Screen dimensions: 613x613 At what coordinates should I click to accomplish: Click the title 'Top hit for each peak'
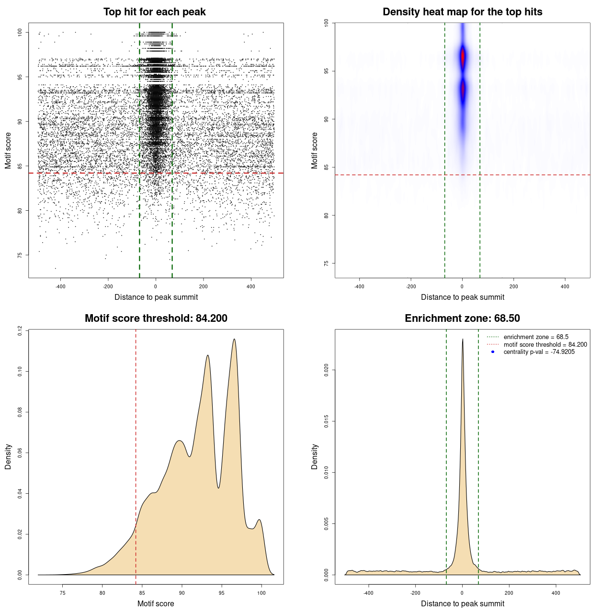pyautogui.click(x=154, y=12)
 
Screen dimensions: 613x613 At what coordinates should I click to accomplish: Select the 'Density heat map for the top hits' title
pyautogui.click(x=462, y=12)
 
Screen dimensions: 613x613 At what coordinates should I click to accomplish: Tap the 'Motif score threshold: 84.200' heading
pyautogui.click(x=156, y=318)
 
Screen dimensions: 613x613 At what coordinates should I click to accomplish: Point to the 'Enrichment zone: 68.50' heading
pyautogui.click(x=462, y=318)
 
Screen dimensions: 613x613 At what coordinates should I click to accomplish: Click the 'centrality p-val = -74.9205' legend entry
pyautogui.click(x=539, y=352)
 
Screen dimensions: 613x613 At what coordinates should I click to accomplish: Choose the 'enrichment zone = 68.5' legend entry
pyautogui.click(x=536, y=337)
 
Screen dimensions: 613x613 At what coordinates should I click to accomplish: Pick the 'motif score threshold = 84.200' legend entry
pyautogui.click(x=545, y=345)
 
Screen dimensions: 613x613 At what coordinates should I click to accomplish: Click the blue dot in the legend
pyautogui.click(x=493, y=352)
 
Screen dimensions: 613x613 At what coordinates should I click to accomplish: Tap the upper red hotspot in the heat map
pyautogui.click(x=463, y=57)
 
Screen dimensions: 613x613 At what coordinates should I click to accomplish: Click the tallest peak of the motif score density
pyautogui.click(x=234, y=340)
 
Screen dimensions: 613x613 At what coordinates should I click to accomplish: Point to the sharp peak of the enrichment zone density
pyautogui.click(x=463, y=340)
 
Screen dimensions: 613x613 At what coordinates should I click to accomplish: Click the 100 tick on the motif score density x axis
pyautogui.click(x=261, y=593)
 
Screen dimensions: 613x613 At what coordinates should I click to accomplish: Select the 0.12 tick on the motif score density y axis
pyautogui.click(x=20, y=330)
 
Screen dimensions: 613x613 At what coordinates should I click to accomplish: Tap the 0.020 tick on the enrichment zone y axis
pyautogui.click(x=326, y=370)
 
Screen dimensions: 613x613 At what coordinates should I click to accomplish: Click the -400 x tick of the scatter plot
pyautogui.click(x=60, y=286)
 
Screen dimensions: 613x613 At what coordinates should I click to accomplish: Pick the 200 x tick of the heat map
pyautogui.click(x=514, y=286)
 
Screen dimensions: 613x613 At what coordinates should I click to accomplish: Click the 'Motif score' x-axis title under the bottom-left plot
pyautogui.click(x=156, y=603)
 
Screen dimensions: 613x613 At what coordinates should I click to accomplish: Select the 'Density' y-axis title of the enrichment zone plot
pyautogui.click(x=315, y=456)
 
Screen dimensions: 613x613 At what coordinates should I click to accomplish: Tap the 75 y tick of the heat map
pyautogui.click(x=326, y=263)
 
